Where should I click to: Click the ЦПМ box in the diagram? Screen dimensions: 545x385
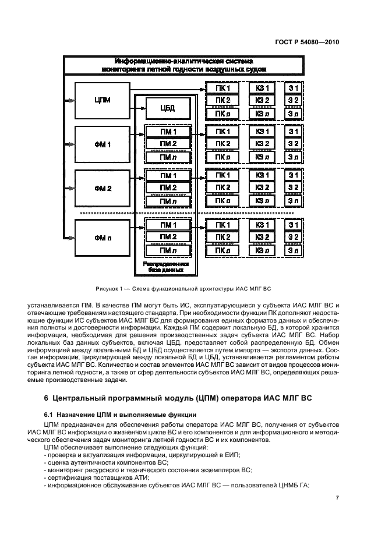(102, 100)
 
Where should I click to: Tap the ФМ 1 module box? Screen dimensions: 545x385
(102, 143)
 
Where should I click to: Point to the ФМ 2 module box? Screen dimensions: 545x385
(102, 187)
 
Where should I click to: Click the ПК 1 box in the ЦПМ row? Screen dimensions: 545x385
(223, 89)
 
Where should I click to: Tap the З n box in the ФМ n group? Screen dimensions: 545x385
(294, 250)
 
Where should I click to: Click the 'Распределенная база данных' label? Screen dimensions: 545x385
(168, 267)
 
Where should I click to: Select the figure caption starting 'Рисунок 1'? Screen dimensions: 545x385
(183, 289)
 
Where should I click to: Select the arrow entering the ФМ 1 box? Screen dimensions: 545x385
(69, 143)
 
